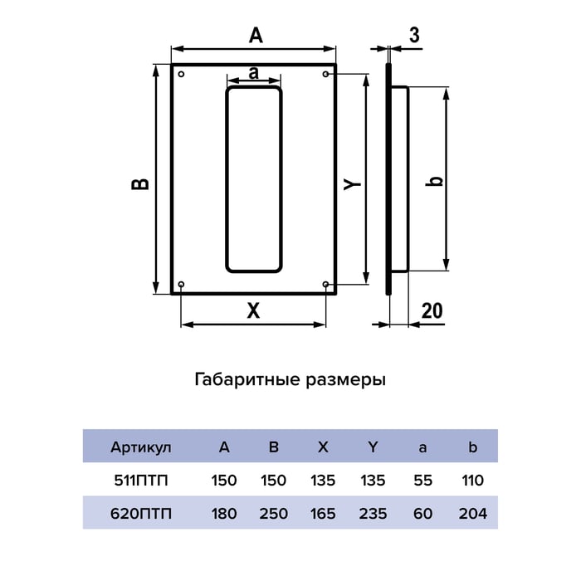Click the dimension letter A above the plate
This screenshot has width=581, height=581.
point(256,36)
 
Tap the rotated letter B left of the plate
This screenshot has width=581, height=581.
point(140,184)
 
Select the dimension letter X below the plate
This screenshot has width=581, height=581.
point(253,310)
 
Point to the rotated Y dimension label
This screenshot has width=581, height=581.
point(352,183)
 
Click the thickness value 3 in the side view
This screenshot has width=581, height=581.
point(414,35)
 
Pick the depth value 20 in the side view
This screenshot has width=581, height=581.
point(432,310)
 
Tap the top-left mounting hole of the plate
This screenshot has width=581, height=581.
point(181,74)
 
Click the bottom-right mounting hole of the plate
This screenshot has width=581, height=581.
point(325,284)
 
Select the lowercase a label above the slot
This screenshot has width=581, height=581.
point(253,73)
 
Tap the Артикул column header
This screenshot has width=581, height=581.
point(141,447)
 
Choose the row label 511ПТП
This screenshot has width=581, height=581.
point(141,481)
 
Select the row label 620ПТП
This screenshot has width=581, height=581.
point(141,514)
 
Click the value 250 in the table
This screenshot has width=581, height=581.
point(273,514)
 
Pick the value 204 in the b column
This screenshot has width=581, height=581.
point(472,514)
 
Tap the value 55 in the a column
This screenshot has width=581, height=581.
point(422,481)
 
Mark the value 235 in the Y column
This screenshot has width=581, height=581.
point(373,514)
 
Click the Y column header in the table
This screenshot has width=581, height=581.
point(373,447)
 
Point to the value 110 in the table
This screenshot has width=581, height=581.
point(472,481)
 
